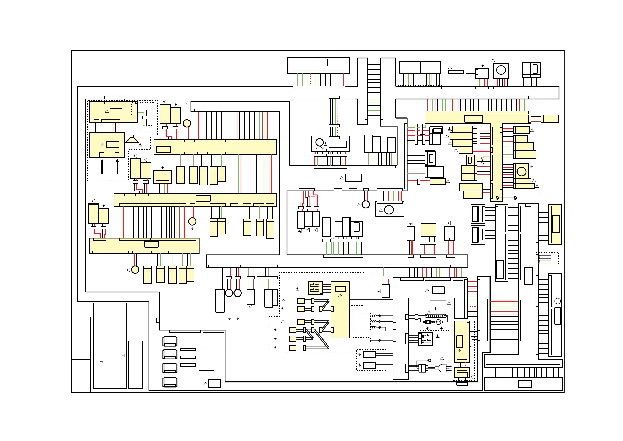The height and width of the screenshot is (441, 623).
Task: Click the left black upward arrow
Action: pos(102,166)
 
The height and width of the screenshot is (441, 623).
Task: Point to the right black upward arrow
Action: pos(117,166)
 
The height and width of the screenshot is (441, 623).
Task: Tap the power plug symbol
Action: pos(442,368)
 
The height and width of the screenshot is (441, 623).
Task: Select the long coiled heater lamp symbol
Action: pos(436,316)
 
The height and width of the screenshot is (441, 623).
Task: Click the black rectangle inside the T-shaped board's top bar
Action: pos(474,119)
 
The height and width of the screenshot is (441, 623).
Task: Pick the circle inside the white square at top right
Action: pos(501,70)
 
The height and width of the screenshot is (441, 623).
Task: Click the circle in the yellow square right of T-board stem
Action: pos(521,171)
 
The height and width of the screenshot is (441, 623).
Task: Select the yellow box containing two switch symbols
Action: pos(316,288)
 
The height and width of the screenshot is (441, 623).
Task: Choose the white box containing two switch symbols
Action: pos(425,338)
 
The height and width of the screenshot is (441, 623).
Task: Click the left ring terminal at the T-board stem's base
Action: pos(497,198)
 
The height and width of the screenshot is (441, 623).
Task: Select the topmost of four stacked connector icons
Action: pos(170,341)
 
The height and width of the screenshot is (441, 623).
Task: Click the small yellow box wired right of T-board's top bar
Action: pos(550,119)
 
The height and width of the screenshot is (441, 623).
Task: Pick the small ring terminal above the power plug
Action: pos(429,361)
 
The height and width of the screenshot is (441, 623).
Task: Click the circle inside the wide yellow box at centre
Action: pos(389,210)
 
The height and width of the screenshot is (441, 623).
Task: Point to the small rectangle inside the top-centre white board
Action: pos(320,62)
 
